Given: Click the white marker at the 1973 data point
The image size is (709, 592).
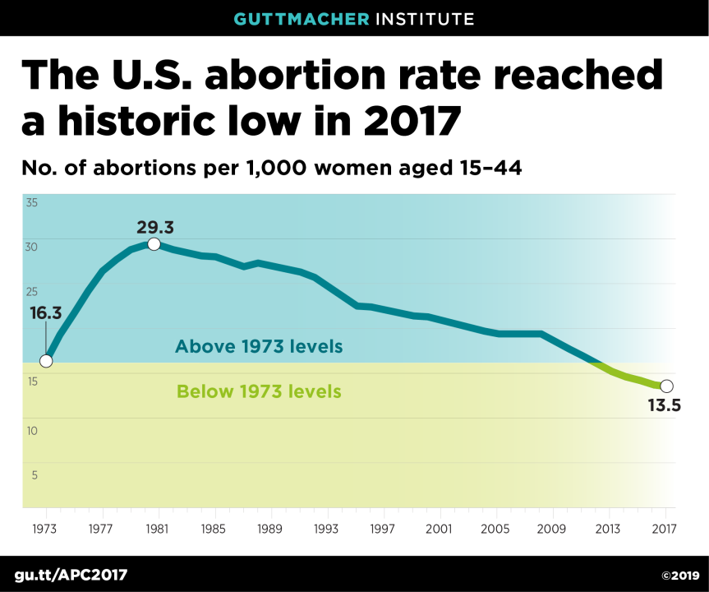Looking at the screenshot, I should (46, 361).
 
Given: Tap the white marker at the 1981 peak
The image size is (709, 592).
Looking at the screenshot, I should (154, 244).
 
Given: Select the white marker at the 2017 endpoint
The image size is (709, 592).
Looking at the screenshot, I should (666, 386).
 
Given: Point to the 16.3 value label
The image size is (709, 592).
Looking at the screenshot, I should (46, 313).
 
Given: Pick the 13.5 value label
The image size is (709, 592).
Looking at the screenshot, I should (665, 405).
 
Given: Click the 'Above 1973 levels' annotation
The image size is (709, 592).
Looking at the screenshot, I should (259, 346).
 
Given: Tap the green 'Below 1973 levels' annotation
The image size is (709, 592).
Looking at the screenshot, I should (259, 391).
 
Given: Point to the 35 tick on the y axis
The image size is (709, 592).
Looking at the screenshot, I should (32, 202).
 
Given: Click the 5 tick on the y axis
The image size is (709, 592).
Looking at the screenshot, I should (35, 474).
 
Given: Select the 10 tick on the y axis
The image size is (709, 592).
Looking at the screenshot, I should (32, 430).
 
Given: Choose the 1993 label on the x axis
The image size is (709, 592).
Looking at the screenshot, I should (327, 529).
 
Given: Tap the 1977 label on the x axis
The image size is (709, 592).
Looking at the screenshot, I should (102, 529).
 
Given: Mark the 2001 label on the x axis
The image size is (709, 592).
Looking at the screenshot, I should (440, 529).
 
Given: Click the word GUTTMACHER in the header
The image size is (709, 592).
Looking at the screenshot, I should (301, 18).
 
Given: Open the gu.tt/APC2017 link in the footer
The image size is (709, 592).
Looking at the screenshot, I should (71, 574).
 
